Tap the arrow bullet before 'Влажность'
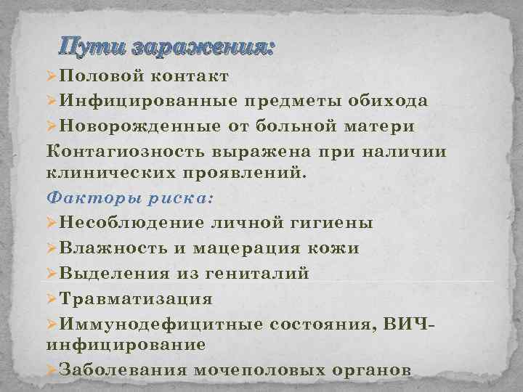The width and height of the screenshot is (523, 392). pyautogui.click(x=51, y=248)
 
